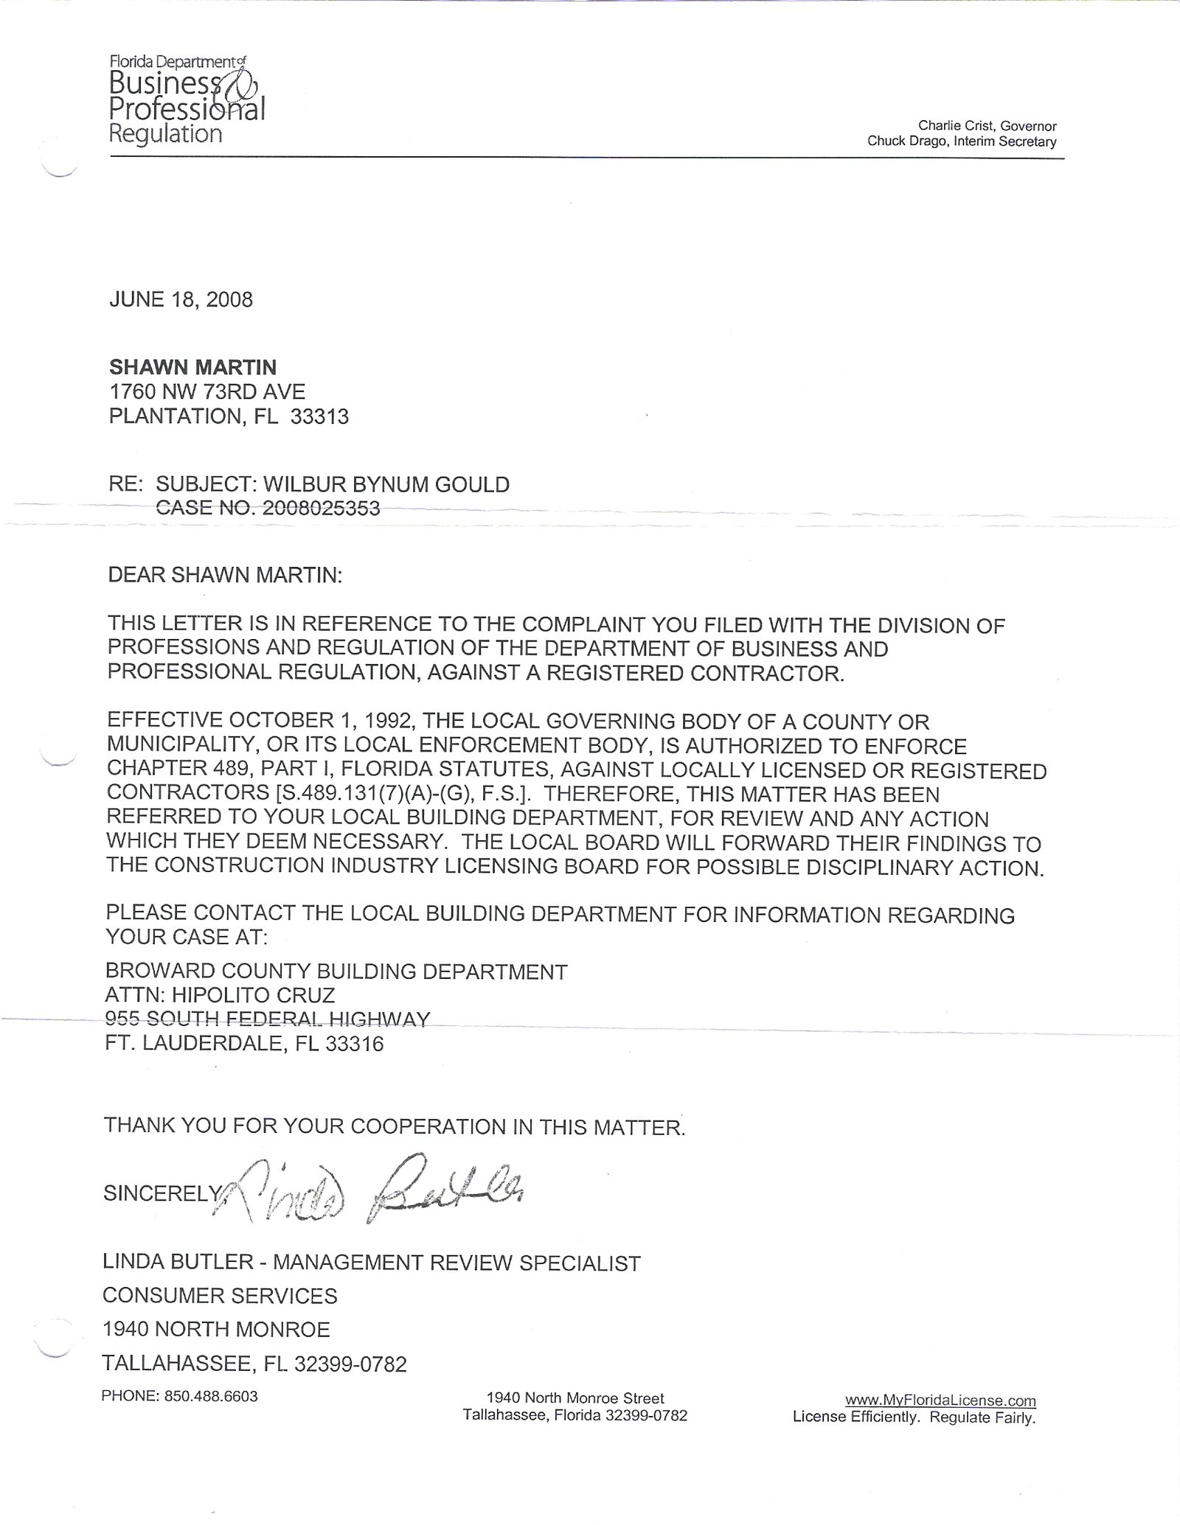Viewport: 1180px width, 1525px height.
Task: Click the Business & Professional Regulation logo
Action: coord(187,100)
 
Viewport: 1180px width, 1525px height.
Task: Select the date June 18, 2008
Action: coord(181,299)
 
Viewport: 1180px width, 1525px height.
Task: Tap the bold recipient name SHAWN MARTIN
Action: coord(193,367)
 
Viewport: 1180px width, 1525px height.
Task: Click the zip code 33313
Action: coord(319,417)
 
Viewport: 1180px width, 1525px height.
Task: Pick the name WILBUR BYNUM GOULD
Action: coord(386,484)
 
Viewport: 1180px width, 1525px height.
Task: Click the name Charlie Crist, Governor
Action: coord(987,126)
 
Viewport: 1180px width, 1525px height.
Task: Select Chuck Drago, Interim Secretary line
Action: coord(962,142)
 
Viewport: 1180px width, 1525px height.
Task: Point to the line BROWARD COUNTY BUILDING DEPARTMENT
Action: coord(336,971)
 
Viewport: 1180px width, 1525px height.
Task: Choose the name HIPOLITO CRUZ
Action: coord(253,995)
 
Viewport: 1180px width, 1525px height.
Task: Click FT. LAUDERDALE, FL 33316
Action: coord(245,1044)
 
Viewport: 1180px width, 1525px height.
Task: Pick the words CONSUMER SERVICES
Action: coord(220,1296)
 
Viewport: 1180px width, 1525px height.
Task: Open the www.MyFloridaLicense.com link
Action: coord(940,1400)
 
